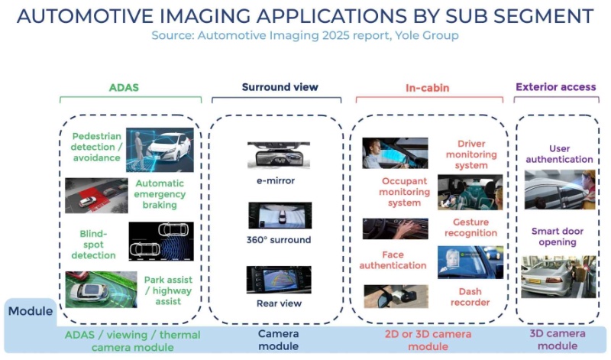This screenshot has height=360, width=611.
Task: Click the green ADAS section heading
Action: [124, 87]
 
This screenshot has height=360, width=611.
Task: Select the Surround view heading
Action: [280, 87]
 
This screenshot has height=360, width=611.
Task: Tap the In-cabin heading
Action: [427, 87]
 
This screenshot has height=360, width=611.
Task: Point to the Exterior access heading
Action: [555, 87]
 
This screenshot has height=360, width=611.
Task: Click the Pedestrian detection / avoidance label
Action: [96, 147]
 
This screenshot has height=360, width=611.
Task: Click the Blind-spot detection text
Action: [94, 245]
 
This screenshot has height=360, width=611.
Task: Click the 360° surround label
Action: [279, 239]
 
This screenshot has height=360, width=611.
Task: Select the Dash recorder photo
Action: [395, 296]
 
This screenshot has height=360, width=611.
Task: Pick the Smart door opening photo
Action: [558, 276]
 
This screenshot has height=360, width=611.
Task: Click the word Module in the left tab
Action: [30, 311]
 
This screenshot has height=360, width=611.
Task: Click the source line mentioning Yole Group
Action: [305, 35]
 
